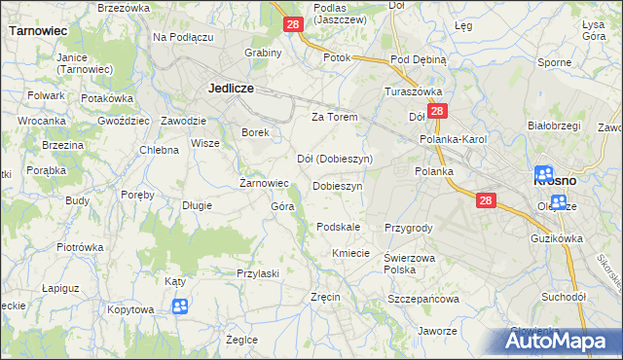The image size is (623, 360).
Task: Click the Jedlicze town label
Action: click(x=231, y=88)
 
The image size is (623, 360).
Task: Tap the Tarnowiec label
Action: click(x=38, y=30)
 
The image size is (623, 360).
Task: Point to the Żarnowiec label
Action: click(x=265, y=182)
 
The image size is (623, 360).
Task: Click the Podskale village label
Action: click(x=339, y=227)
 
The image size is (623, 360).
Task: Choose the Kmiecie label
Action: click(x=350, y=253)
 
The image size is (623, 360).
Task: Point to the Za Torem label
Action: click(x=335, y=117)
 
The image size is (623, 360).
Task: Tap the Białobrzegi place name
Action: click(x=553, y=126)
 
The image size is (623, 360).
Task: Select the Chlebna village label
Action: click(x=159, y=150)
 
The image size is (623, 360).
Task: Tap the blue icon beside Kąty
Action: click(x=180, y=307)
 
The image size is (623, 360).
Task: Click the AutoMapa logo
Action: click(x=561, y=341)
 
